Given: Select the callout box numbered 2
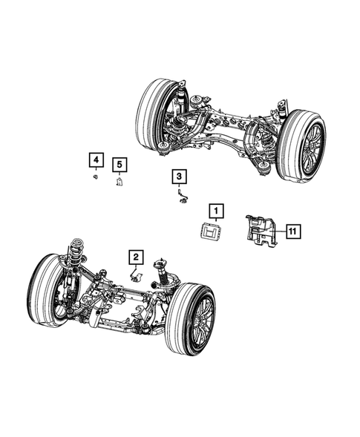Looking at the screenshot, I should (136, 257).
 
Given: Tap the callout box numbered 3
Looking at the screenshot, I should (180, 176).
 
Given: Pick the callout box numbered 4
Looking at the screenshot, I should (95, 159).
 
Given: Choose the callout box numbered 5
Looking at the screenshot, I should (119, 164).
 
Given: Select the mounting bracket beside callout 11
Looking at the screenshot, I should (261, 229).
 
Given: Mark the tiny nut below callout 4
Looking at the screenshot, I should (96, 177).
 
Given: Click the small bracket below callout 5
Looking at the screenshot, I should (119, 181).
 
